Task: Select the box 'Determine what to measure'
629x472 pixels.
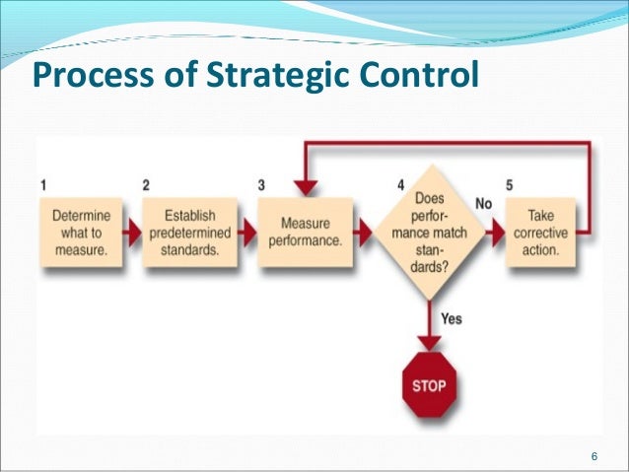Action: click(x=81, y=235)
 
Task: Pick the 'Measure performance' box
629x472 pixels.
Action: click(x=305, y=235)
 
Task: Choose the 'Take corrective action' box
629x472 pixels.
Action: click(x=540, y=235)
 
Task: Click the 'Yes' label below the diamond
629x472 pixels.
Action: click(x=451, y=318)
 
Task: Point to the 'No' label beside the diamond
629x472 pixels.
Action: click(x=483, y=203)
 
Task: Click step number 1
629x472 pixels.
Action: click(x=45, y=184)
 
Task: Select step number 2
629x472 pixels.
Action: click(x=146, y=184)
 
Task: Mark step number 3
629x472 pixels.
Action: click(x=261, y=184)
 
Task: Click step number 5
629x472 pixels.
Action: click(x=510, y=184)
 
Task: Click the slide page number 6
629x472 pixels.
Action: click(x=594, y=454)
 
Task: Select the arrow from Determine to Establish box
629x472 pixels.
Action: click(x=131, y=235)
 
